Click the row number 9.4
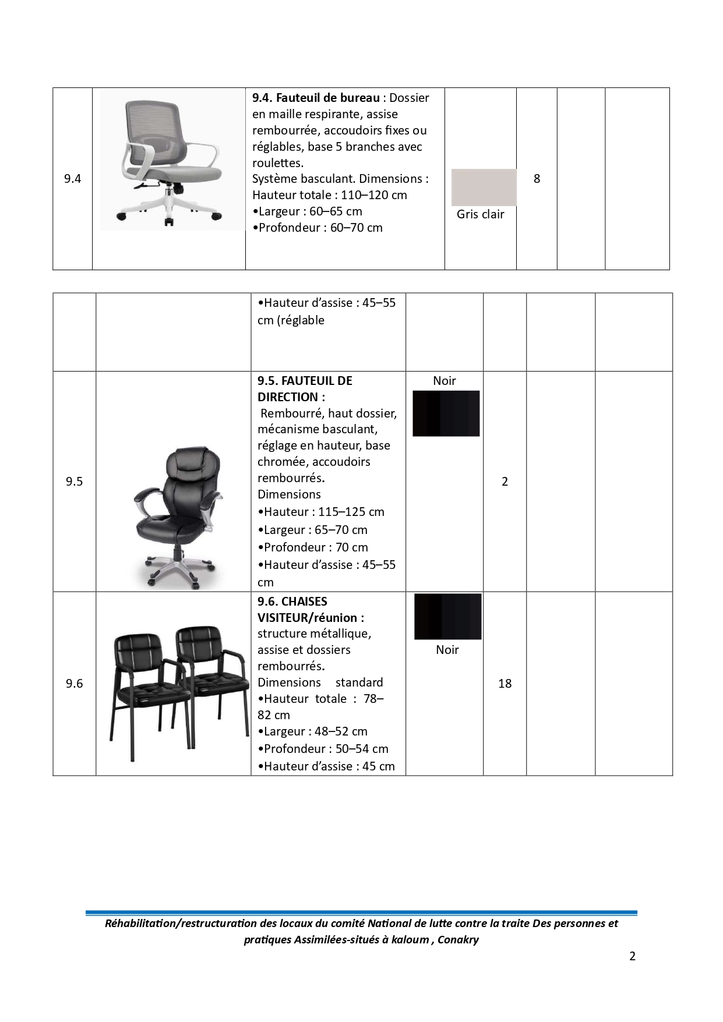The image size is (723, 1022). [72, 179]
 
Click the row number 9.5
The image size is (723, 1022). [74, 482]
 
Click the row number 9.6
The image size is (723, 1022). [74, 684]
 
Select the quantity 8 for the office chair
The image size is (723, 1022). [537, 179]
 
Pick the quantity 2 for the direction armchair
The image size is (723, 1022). [505, 482]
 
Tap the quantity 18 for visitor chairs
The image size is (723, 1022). [505, 684]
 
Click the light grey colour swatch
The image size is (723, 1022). [484, 187]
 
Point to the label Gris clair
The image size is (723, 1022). [480, 214]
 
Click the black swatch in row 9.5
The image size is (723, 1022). [446, 413]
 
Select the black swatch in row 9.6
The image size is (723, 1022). [447, 616]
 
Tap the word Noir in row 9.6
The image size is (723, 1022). [447, 650]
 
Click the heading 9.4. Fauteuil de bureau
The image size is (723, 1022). [316, 98]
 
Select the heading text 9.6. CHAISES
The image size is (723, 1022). [292, 602]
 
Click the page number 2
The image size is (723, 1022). [632, 956]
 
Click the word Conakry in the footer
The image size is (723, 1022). [458, 940]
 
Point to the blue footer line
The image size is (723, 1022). [361, 913]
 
